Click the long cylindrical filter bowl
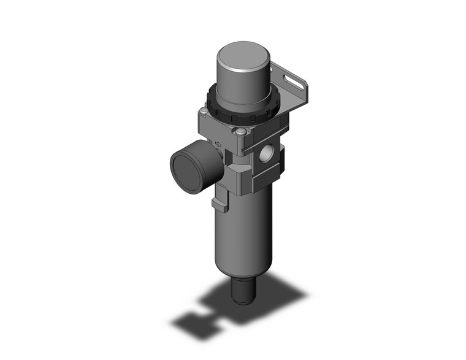point(242,233)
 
